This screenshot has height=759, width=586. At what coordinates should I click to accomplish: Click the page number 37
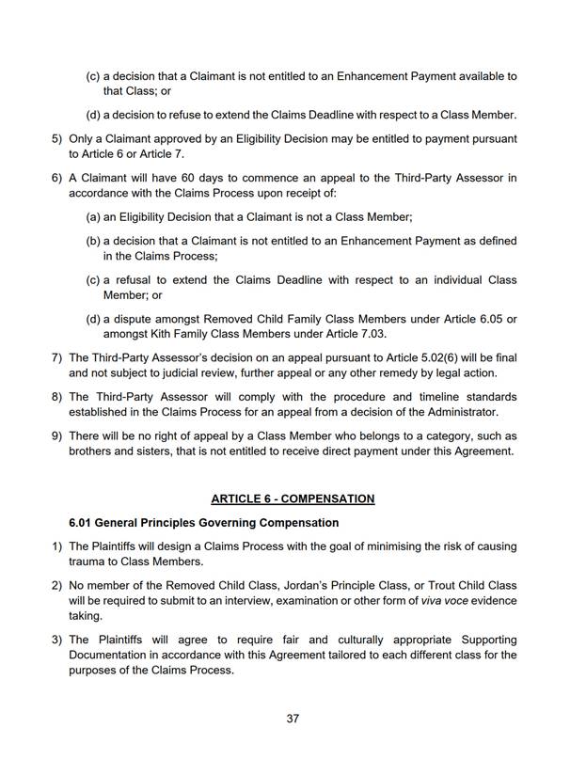click(x=293, y=719)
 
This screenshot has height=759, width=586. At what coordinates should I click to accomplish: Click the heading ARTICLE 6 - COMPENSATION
click(x=293, y=498)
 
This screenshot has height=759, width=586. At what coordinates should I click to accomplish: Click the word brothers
click(x=92, y=451)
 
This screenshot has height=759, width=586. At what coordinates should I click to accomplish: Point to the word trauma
click(x=88, y=561)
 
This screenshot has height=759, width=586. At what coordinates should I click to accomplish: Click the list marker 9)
click(x=56, y=437)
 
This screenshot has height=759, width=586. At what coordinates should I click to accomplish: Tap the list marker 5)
click(x=56, y=138)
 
